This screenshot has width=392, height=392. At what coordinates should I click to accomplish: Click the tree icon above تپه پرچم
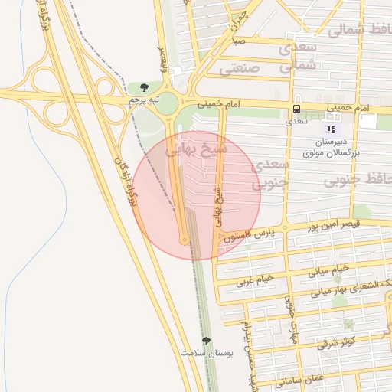coord(144,87)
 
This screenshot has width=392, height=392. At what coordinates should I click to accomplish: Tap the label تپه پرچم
coord(144,100)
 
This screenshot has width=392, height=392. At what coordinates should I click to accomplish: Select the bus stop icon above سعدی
coord(296,109)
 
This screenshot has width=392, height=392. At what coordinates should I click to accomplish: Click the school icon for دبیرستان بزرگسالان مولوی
coord(332,129)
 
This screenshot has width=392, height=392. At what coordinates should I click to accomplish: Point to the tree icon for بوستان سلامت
coord(205,341)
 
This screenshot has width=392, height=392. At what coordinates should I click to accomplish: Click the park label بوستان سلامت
coord(206,353)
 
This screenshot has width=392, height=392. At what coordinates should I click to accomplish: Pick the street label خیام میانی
coord(329,269)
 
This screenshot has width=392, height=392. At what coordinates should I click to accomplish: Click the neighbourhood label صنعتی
coord(240,68)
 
